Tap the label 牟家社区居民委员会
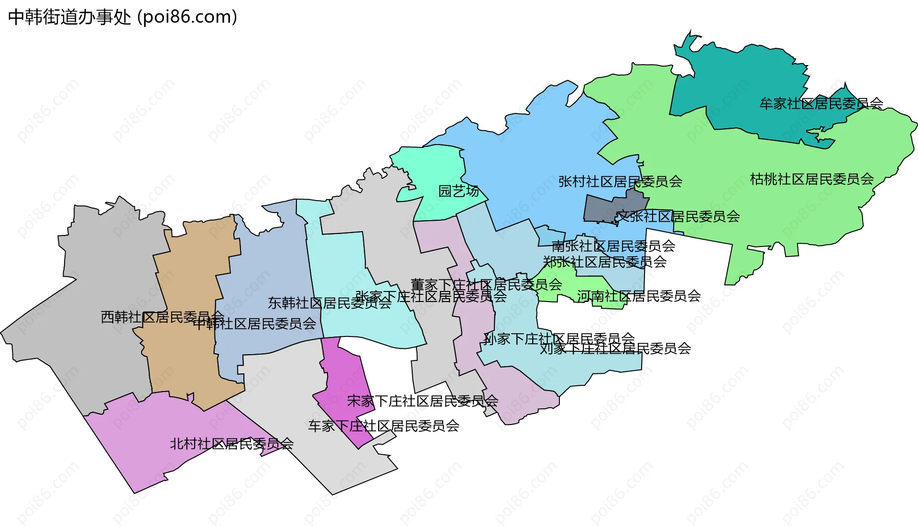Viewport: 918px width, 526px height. pos(821,103)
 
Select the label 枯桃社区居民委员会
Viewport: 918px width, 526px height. pos(812,179)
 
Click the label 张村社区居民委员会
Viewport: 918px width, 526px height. pos(620,181)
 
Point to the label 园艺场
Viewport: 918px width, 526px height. pos(459,191)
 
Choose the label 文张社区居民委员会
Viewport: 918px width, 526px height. pos(678,216)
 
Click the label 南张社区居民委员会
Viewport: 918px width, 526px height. pos(613,246)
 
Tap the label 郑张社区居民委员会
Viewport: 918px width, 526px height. pos(605,262)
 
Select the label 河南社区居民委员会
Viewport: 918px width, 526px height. pos(639,296)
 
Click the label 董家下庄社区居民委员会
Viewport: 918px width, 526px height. pos(486,285)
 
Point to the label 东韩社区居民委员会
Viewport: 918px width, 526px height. pos(329,303)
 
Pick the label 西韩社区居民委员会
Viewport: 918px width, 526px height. pos(163,317)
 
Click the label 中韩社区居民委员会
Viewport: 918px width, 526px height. pos(254,324)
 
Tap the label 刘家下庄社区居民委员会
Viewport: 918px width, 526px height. pos(615,348)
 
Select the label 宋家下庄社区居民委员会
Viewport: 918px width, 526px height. pos(423,401)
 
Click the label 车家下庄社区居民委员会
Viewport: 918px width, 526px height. pos(383,426)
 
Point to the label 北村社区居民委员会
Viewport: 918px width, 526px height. pos(232,444)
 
